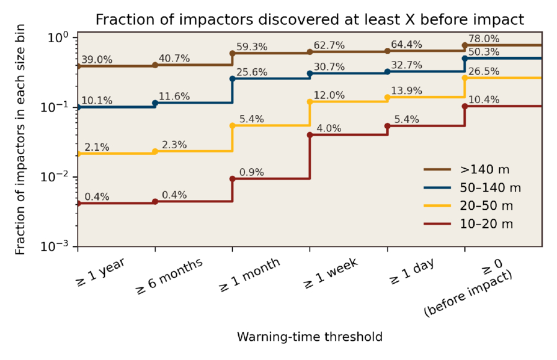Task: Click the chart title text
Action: pos(310,20)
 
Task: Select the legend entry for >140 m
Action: pos(477,169)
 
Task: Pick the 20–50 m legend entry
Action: pos(479,205)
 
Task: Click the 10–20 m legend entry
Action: pos(479,223)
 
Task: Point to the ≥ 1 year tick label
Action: pos(100,271)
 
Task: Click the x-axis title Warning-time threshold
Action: pos(310,337)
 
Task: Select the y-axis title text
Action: pos(20,142)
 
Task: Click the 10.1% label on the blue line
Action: pos(96,99)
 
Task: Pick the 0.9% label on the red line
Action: pos(251,172)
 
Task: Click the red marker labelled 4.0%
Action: pos(310,135)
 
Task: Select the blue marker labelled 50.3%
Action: pos(465,58)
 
